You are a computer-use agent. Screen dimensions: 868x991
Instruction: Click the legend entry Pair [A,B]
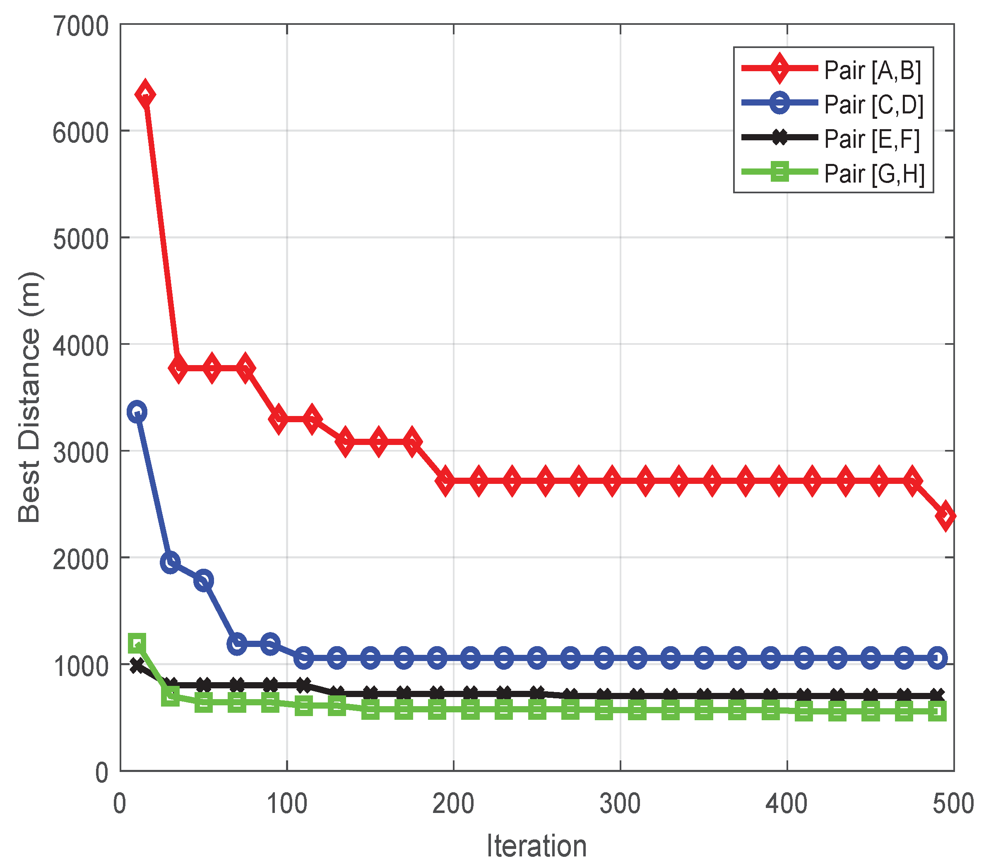click(872, 71)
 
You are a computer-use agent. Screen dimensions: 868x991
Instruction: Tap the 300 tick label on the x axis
click(620, 804)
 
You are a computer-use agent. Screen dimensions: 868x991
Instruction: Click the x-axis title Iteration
click(536, 846)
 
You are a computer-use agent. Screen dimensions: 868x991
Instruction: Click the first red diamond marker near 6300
click(145, 94)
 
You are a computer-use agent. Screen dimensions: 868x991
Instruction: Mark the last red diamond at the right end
click(945, 515)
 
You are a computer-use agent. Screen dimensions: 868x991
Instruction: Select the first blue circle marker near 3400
click(137, 412)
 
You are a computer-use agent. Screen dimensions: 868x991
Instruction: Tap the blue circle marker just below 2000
click(170, 563)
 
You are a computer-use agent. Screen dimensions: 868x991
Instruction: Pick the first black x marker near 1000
click(137, 666)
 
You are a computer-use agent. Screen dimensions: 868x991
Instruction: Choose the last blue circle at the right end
click(938, 658)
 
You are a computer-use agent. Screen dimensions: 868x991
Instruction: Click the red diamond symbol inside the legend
click(780, 68)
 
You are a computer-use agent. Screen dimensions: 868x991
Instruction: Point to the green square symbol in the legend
click(780, 171)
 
